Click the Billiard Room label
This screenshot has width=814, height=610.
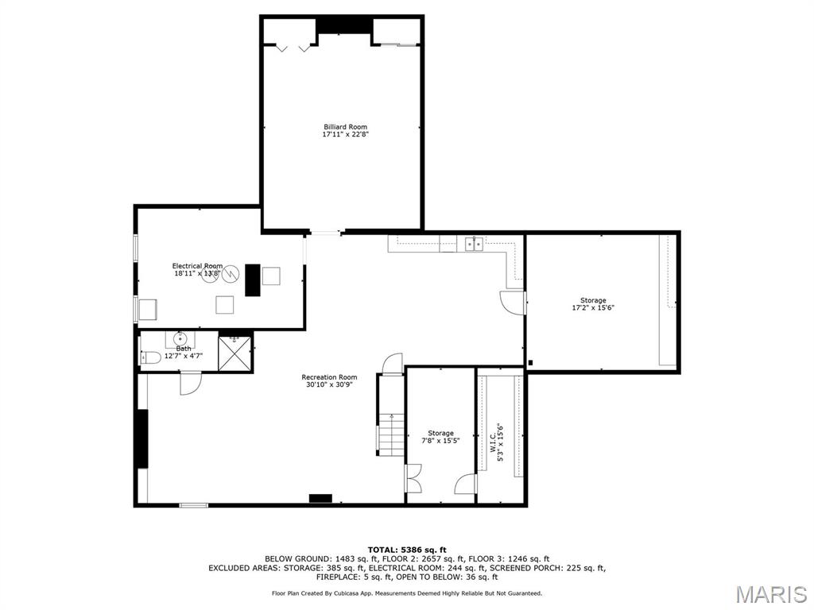click(345, 127)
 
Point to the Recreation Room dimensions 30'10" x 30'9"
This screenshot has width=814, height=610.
click(329, 384)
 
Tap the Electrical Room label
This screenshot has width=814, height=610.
click(198, 266)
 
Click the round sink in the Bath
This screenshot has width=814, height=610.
click(180, 339)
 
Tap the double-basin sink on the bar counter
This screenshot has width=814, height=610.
click(475, 244)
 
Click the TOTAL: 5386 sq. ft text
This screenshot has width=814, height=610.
click(407, 550)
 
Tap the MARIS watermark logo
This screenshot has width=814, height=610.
click(769, 594)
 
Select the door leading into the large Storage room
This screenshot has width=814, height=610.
click(513, 302)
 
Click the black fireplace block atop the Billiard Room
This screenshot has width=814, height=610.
click(344, 25)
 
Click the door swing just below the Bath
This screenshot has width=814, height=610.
click(190, 384)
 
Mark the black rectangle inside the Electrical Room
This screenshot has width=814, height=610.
click(253, 280)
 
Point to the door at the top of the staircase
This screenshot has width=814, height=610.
click(392, 364)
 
